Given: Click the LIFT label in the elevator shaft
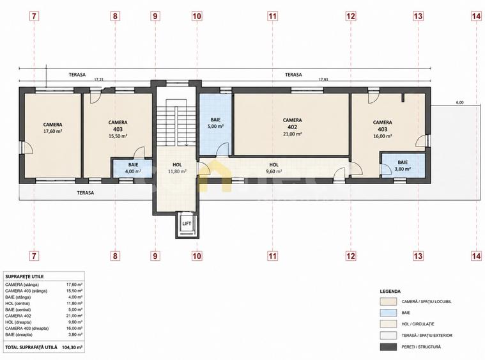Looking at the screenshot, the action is pyautogui.click(x=187, y=223).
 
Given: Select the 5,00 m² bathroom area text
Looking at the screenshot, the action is pyautogui.click(x=215, y=127).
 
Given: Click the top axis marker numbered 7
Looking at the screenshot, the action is pyautogui.click(x=34, y=16).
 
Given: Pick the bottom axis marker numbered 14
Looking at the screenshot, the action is pyautogui.click(x=476, y=256).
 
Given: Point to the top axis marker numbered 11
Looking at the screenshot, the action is pyautogui.click(x=272, y=16).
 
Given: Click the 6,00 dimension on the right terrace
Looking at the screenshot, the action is pyautogui.click(x=459, y=103).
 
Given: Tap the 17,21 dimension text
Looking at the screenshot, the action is pyautogui.click(x=98, y=79).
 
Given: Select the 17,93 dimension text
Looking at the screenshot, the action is pyautogui.click(x=323, y=79).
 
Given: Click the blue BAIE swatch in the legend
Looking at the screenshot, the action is pyautogui.click(x=388, y=313).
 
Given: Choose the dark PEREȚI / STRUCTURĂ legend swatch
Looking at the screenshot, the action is pyautogui.click(x=388, y=347).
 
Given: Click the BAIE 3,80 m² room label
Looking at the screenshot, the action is pyautogui.click(x=403, y=166).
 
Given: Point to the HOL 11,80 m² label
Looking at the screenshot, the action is pyautogui.click(x=177, y=168).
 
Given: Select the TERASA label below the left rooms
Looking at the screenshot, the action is pyautogui.click(x=86, y=192).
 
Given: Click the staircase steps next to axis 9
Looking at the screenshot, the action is pyautogui.click(x=176, y=122).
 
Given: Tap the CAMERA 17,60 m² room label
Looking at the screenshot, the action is pyautogui.click(x=52, y=127).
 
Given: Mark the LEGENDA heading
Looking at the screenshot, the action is pyautogui.click(x=390, y=292).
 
